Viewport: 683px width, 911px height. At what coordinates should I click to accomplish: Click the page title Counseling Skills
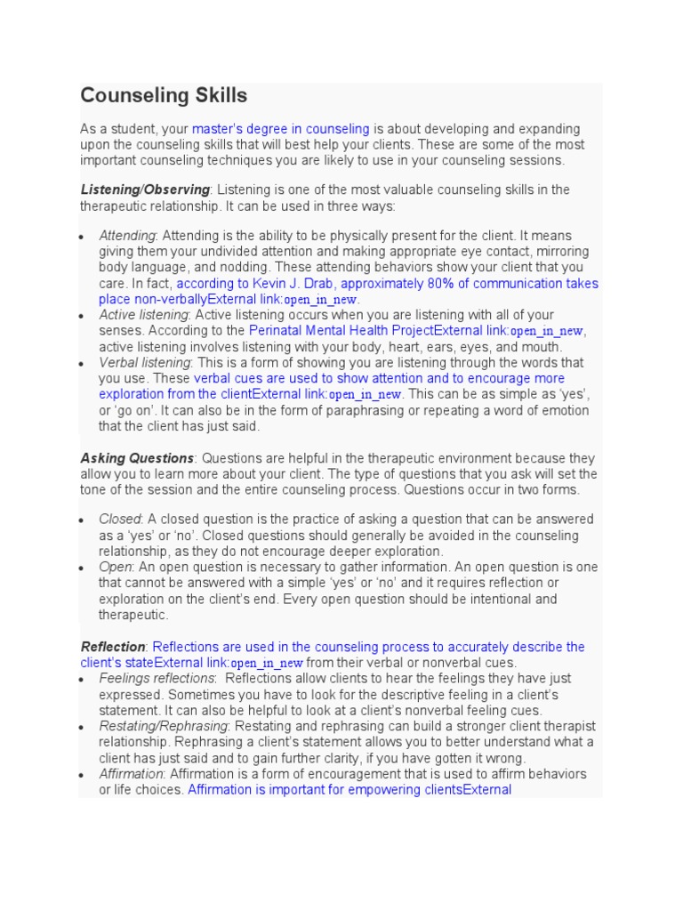coord(164,95)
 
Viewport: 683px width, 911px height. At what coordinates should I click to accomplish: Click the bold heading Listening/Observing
coord(145,189)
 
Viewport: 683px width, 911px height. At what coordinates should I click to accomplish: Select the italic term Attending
coord(127,235)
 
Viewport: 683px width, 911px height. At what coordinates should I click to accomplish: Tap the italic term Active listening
coord(143,315)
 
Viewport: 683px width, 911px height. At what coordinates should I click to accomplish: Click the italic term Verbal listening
coord(144,363)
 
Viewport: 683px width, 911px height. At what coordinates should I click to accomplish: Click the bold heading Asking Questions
coord(137,458)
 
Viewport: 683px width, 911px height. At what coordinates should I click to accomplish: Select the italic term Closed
coord(119,519)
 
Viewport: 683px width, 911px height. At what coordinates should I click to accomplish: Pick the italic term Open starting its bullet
coord(116,567)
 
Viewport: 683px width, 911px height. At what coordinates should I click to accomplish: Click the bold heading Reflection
coord(113,647)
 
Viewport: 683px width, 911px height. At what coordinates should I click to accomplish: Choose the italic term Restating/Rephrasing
coord(164,726)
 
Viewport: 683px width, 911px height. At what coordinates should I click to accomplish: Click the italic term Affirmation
coord(131,774)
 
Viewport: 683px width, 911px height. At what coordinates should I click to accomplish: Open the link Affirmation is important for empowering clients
coord(349,790)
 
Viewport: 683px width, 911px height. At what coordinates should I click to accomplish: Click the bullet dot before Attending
coord(81,237)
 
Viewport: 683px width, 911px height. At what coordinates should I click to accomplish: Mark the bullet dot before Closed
coord(81,520)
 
